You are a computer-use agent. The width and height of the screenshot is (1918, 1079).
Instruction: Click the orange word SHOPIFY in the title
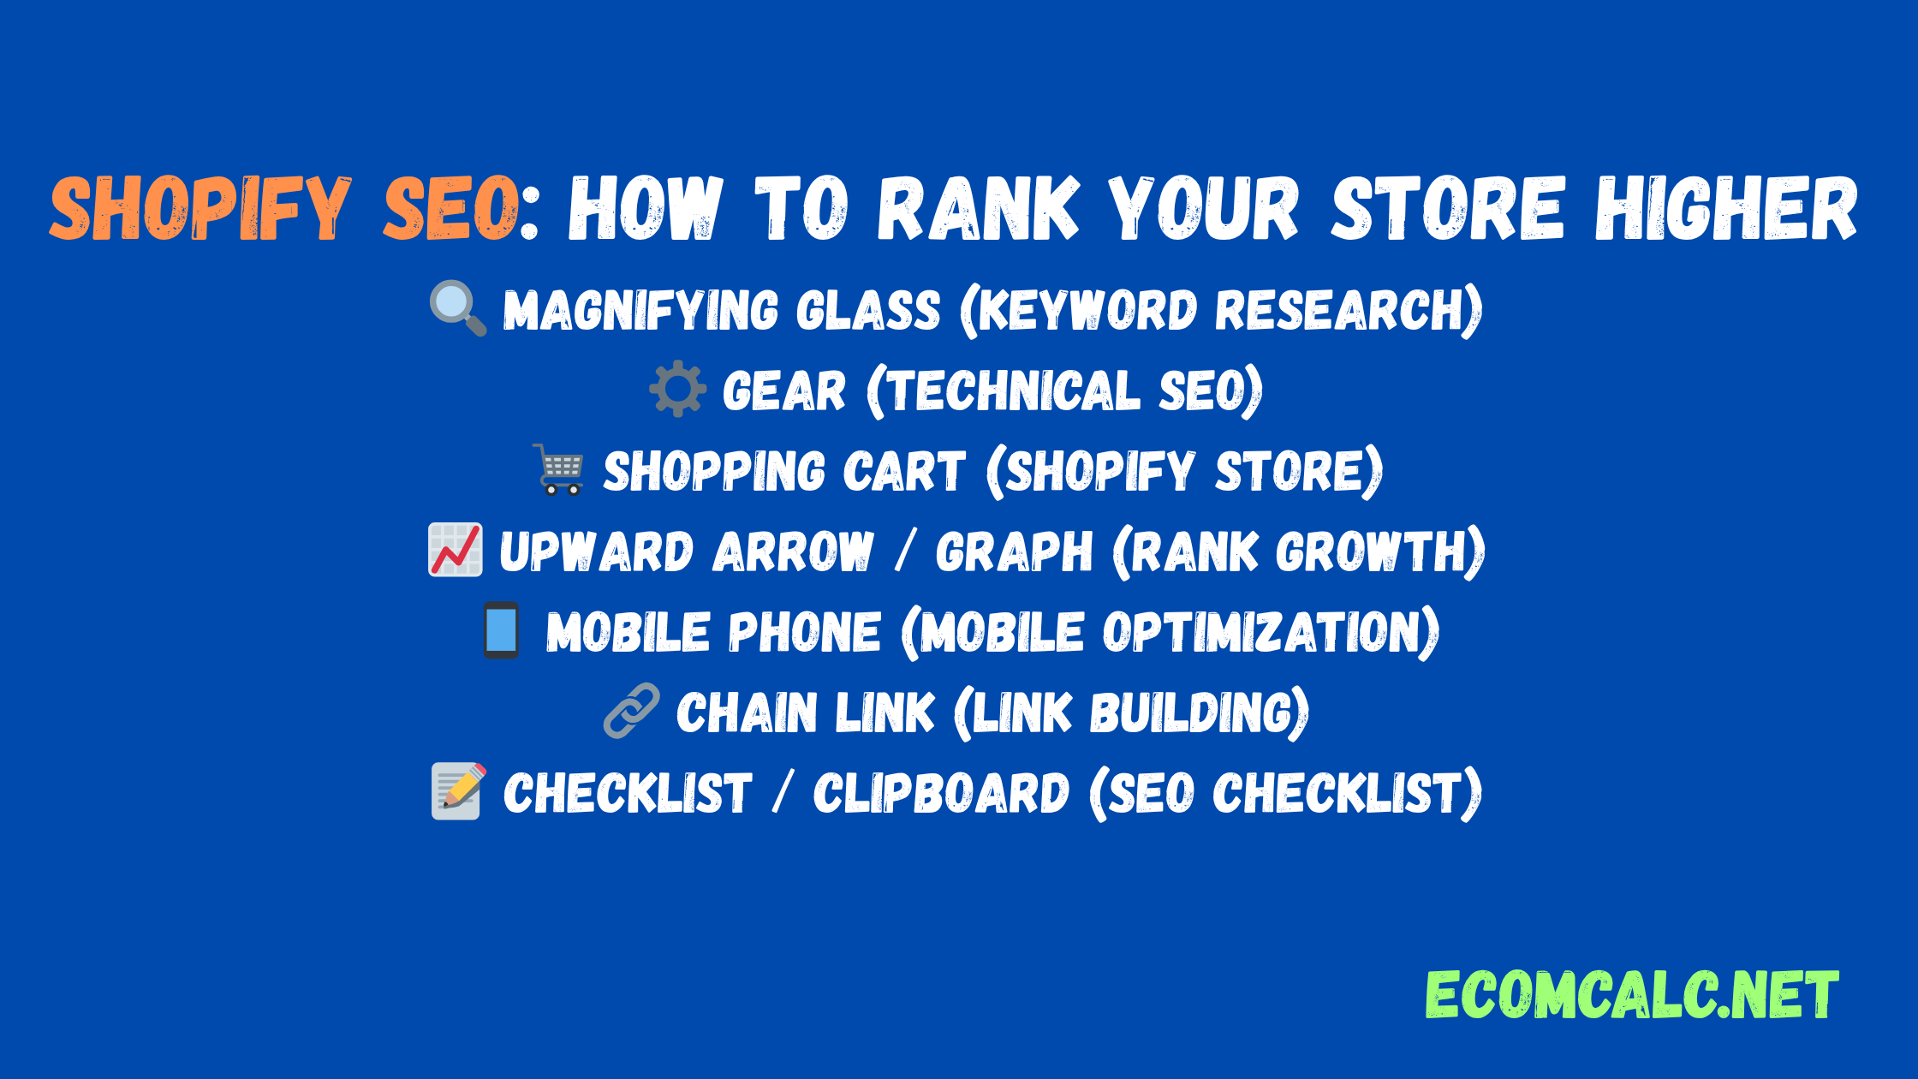point(200,208)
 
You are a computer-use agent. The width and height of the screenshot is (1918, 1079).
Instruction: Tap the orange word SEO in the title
point(451,208)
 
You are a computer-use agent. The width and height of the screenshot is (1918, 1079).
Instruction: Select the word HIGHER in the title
point(1726,208)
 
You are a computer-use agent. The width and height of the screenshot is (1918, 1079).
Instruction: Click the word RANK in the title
point(978,208)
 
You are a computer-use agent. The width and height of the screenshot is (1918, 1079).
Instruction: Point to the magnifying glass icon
point(458,308)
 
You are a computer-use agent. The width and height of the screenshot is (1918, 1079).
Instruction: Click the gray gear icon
point(677,389)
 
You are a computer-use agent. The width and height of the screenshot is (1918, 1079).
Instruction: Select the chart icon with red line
point(456,550)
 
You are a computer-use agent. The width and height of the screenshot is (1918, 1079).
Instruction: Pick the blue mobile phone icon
point(501,630)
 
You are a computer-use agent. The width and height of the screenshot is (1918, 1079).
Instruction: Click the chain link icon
point(632,711)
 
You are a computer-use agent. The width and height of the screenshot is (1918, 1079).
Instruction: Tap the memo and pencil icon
point(459,791)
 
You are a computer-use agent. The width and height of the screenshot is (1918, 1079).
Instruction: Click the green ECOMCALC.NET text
point(1631,995)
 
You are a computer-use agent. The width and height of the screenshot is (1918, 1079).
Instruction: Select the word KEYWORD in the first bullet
point(1087,310)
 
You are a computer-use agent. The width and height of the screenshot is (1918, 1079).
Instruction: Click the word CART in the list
point(904,471)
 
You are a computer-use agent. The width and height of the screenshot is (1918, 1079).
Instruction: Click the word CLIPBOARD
point(941,793)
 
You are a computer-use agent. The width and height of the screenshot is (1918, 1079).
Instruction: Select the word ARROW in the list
point(794,551)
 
